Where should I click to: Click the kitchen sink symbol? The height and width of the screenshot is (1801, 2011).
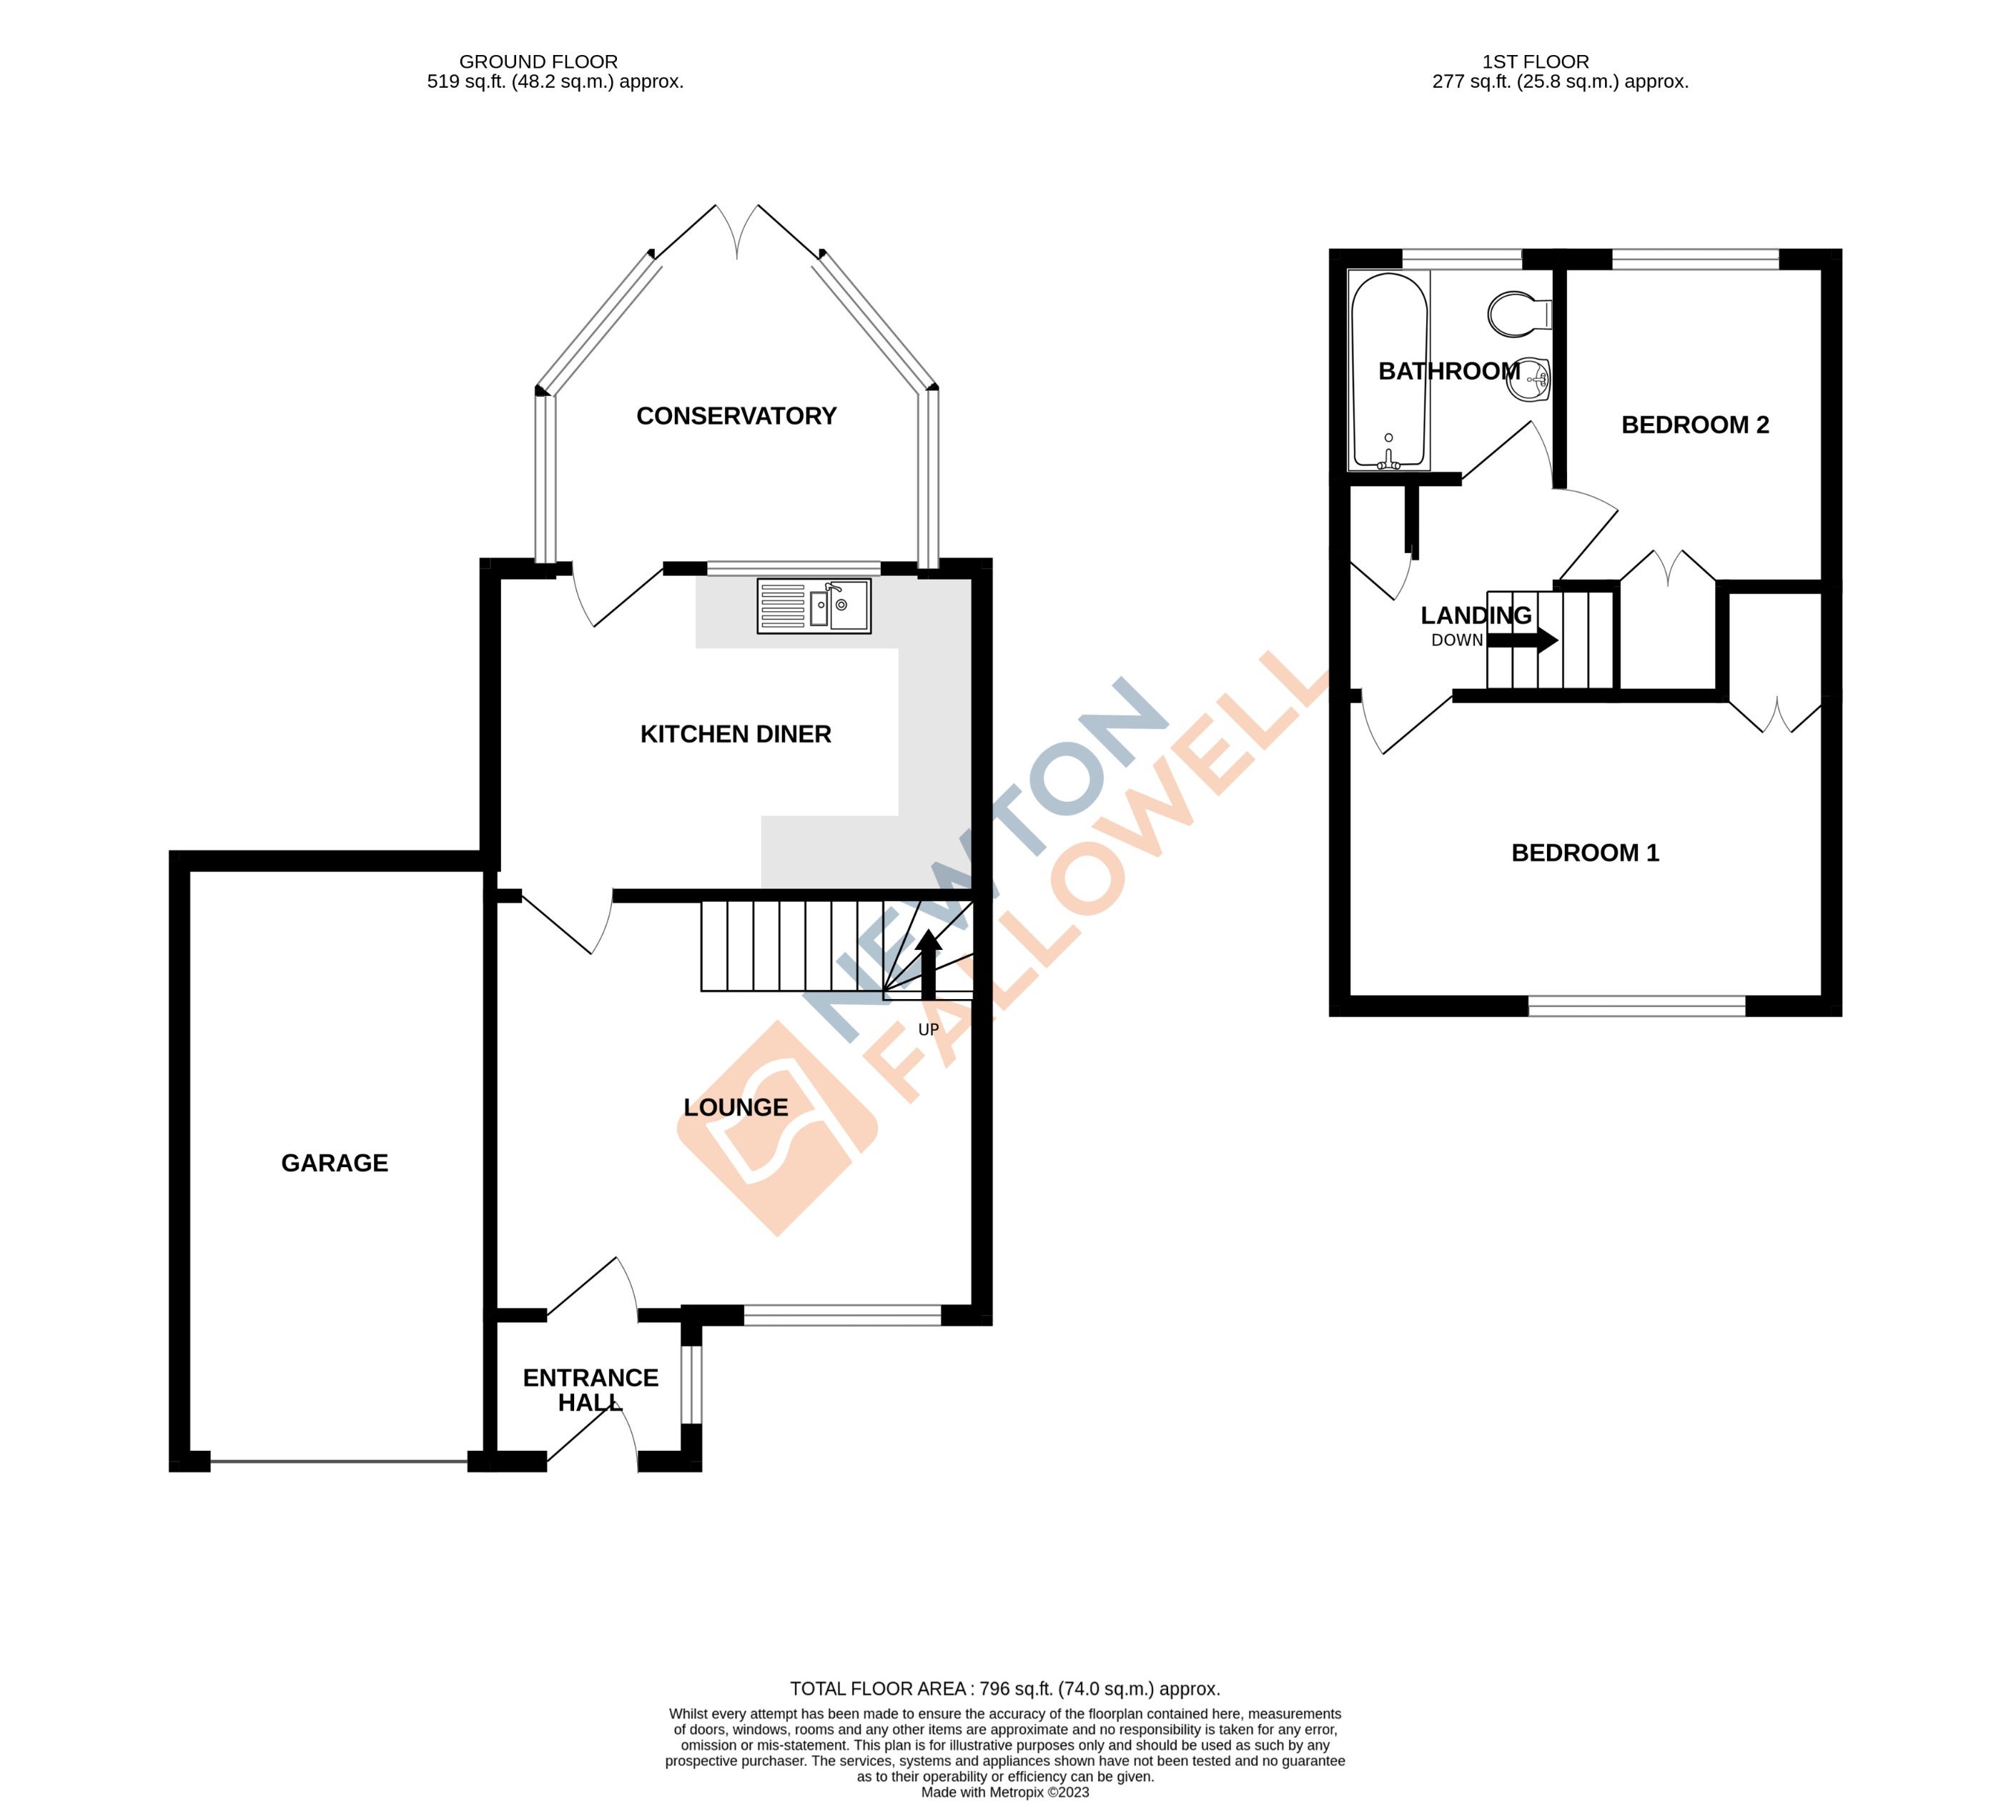814,605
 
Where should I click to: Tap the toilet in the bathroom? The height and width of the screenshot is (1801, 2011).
1520,314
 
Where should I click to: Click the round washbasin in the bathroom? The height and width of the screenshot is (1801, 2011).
1530,379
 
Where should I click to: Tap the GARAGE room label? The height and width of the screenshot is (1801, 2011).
335,1163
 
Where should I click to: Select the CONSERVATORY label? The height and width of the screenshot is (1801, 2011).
736,416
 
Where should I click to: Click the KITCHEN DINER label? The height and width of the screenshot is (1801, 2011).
736,733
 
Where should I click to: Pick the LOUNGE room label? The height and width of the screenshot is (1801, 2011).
736,1107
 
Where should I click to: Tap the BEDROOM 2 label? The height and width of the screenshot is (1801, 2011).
1694,425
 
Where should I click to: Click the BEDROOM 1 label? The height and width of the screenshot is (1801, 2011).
1584,852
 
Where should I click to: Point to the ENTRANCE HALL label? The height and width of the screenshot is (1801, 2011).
590,1389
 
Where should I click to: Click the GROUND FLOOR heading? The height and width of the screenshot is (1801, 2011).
538,61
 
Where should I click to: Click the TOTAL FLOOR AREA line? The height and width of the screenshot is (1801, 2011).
1004,1688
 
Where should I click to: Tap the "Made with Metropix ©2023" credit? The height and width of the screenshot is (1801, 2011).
1004,1791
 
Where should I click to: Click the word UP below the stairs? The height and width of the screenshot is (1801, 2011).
929,1029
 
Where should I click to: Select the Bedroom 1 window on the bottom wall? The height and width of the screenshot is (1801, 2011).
1637,1006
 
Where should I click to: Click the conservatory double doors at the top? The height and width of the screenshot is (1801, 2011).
737,232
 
